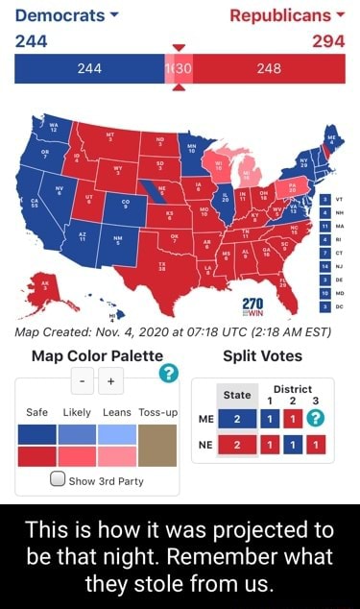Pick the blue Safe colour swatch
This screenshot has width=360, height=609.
36,434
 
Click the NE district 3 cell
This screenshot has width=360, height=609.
318,445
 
